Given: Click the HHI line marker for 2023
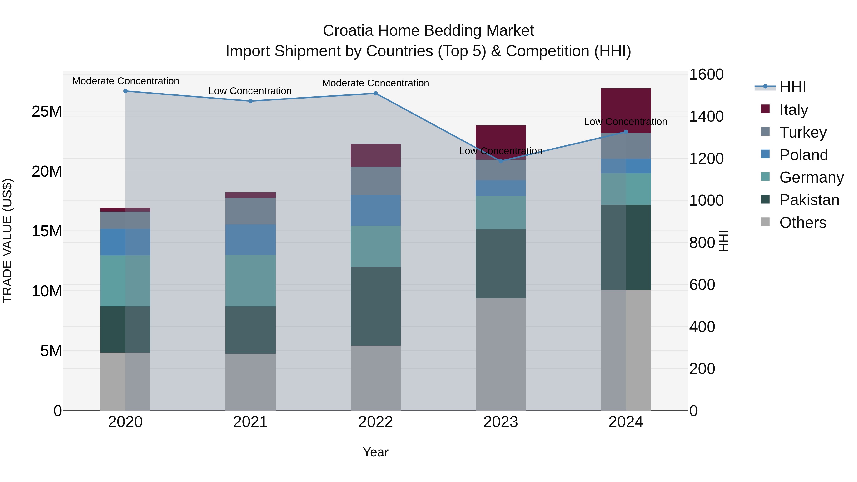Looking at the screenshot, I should coord(501,161).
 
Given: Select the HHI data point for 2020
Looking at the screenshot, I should coord(125,91).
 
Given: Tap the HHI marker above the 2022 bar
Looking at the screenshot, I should coord(376,94).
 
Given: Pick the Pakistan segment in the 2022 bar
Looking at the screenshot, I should coord(376,306).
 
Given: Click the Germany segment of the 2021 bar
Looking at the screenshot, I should coord(250,281).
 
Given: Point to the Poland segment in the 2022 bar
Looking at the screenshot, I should coord(376,211).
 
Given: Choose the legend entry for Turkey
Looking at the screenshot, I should coord(803,132).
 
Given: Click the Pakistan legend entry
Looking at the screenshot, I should coord(809,200).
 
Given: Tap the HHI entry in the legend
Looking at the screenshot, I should coord(792,87).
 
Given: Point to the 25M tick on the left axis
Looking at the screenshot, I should coord(47,111).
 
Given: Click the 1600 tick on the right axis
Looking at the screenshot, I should coord(706,74).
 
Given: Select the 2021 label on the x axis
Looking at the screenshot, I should coord(250,422).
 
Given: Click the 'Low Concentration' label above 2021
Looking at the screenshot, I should coord(250,91).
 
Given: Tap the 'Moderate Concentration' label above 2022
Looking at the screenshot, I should coord(376,83).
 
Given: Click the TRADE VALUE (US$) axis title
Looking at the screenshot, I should coord(7,241).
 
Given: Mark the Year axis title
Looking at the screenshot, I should coord(376,452).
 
